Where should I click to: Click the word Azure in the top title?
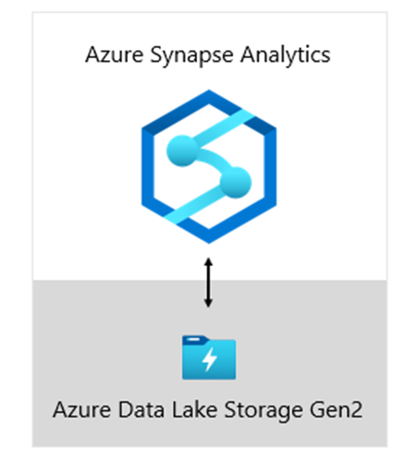[x=114, y=55]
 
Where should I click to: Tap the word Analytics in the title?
[x=285, y=56]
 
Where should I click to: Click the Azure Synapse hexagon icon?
[x=209, y=166]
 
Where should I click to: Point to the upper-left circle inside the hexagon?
[x=181, y=151]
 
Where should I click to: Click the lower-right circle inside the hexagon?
[x=236, y=183]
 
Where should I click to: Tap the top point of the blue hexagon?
[x=209, y=90]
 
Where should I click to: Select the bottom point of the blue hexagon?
[x=209, y=243]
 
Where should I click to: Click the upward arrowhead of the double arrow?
[x=208, y=261]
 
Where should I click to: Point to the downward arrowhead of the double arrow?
[x=208, y=303]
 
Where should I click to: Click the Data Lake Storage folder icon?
[x=209, y=358]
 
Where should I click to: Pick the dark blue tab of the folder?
[x=195, y=339]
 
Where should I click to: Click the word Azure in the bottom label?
[x=81, y=410]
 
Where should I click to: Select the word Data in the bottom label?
[x=141, y=410]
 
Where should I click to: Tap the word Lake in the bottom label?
[x=194, y=409]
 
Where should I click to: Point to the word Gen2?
[x=336, y=410]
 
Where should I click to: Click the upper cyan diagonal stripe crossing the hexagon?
[x=223, y=129]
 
